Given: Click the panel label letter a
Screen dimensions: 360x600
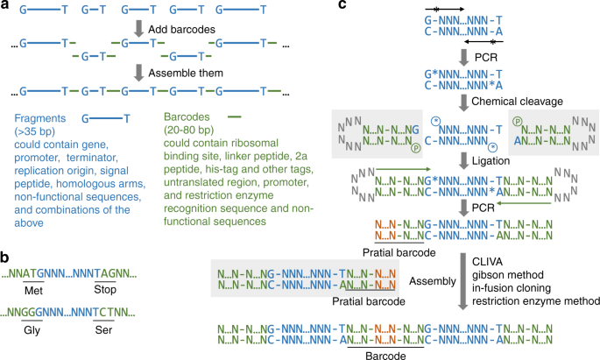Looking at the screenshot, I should [6, 7].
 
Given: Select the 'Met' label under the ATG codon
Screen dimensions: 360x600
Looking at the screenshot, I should [40, 290].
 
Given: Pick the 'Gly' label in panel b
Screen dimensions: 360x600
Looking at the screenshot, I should [40, 333].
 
